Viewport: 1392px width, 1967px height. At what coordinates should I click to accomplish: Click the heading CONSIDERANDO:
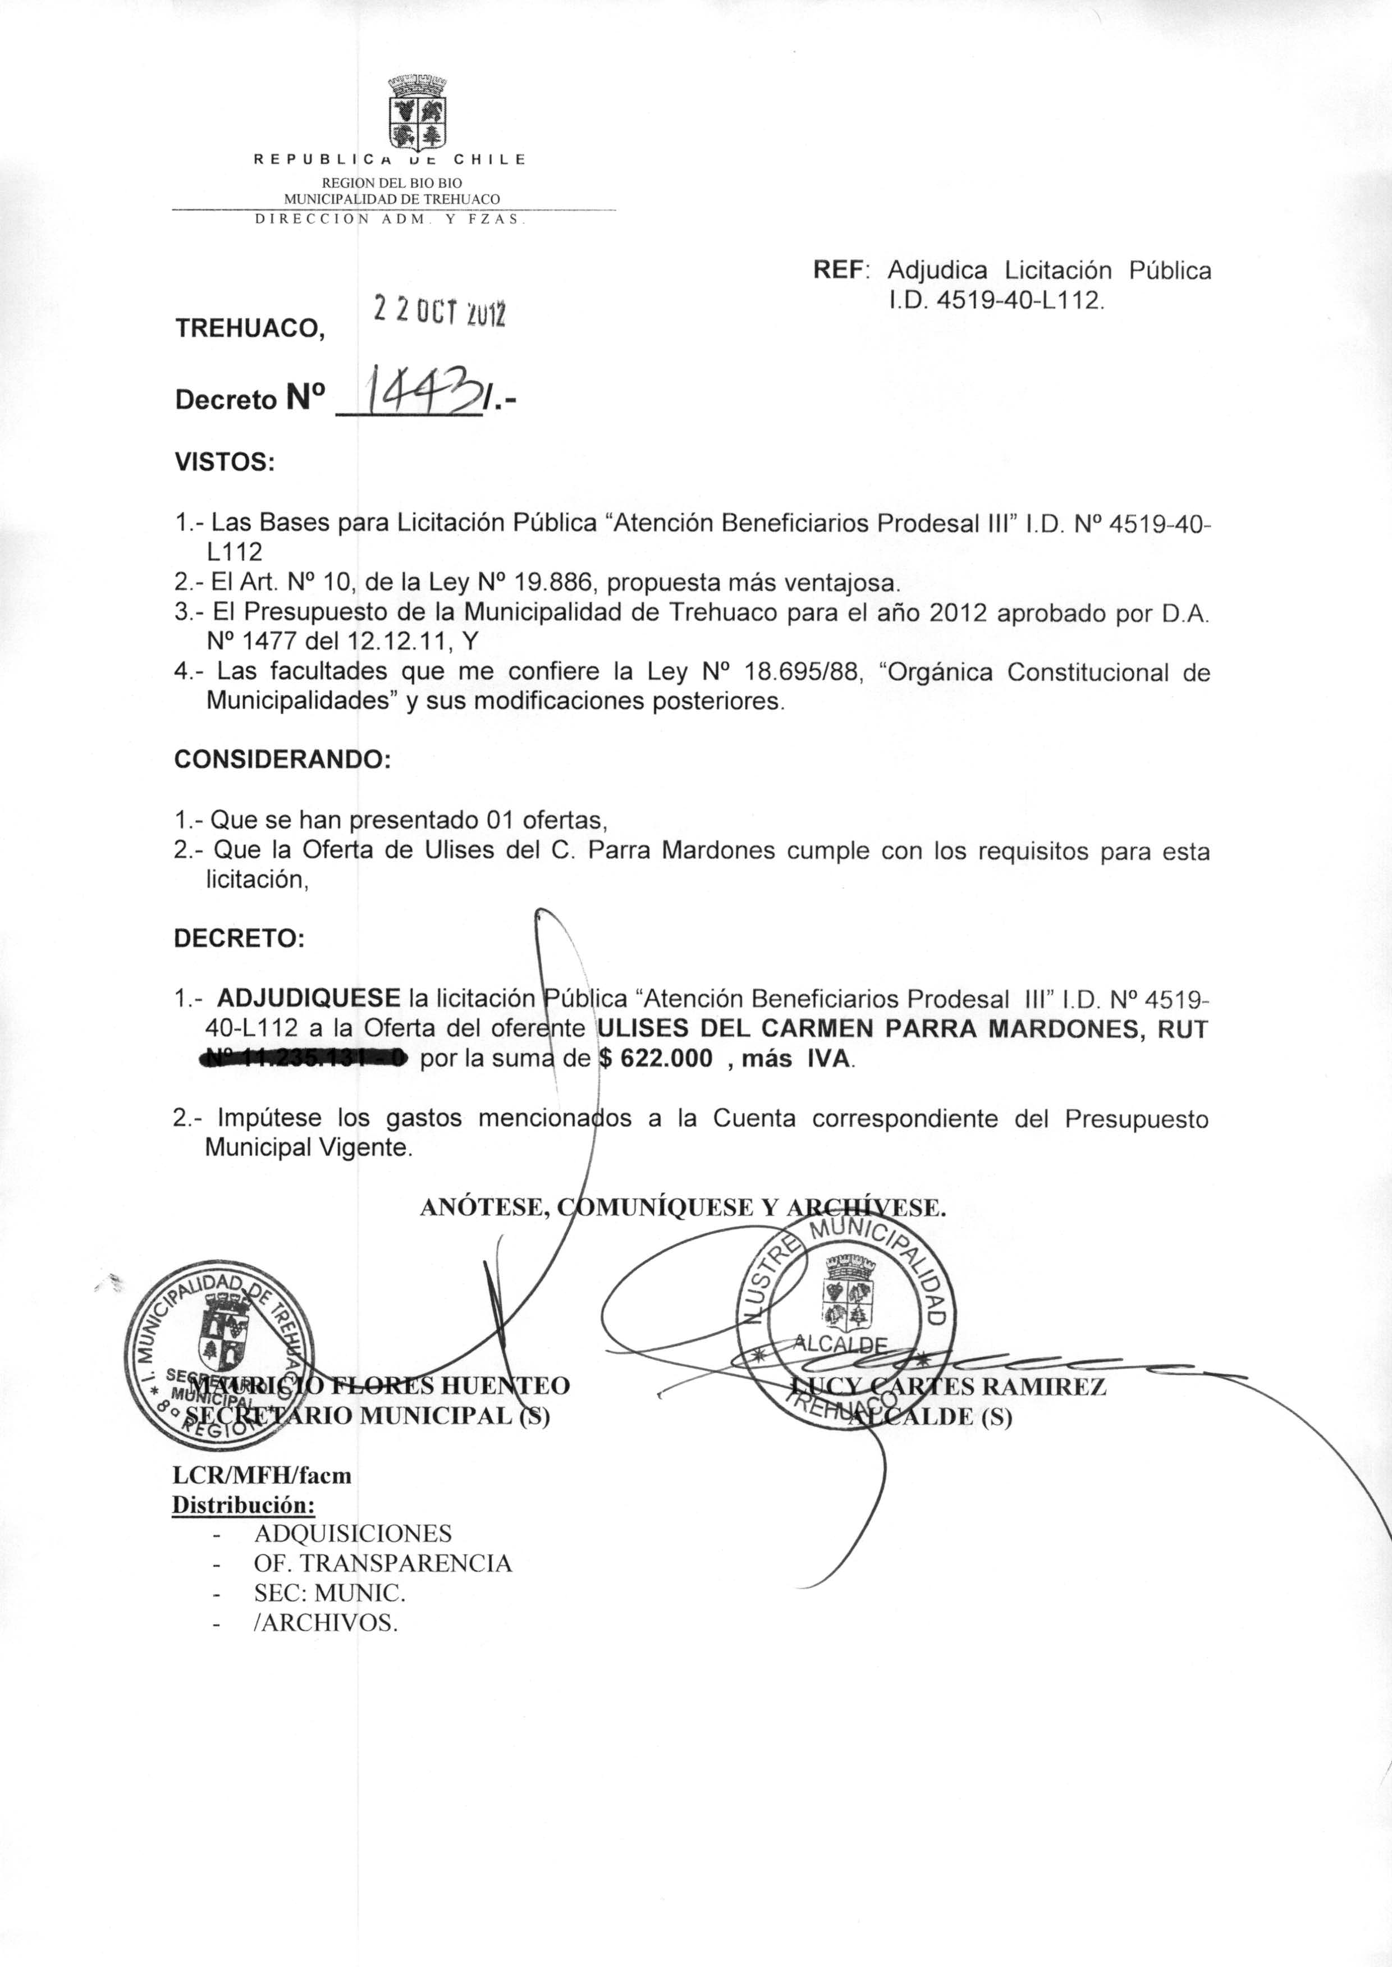[x=282, y=760]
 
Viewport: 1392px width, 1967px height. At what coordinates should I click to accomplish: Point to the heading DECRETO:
[x=239, y=939]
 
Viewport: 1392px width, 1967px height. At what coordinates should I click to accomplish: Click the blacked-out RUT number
[x=304, y=1059]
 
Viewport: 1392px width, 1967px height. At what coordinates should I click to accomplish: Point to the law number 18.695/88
[x=807, y=672]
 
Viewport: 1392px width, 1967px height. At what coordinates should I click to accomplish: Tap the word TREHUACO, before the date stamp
[x=250, y=328]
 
